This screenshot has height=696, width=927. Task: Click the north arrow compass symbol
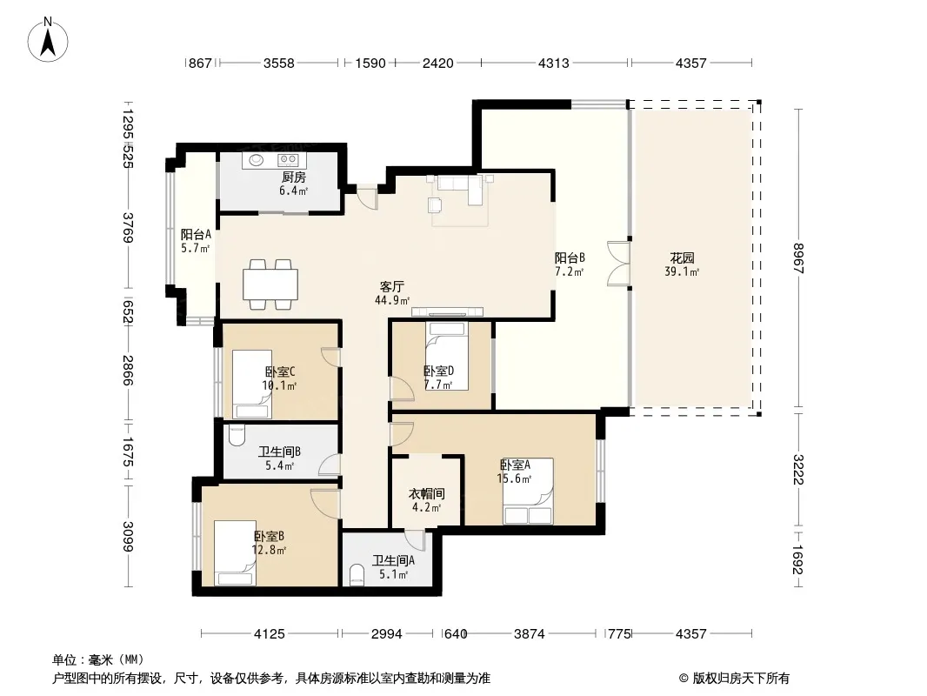click(48, 40)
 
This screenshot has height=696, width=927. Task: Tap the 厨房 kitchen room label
click(294, 177)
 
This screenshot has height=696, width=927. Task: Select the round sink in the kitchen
click(257, 160)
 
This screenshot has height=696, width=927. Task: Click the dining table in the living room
click(270, 284)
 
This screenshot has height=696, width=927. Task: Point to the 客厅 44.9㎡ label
click(392, 293)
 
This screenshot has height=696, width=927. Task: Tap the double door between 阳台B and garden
click(619, 263)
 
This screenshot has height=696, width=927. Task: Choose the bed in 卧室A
click(529, 492)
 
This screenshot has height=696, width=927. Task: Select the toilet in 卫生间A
click(357, 575)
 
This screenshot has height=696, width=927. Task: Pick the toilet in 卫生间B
click(237, 436)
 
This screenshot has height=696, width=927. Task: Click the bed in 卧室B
click(236, 553)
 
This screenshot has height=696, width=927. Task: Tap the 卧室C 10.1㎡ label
click(280, 378)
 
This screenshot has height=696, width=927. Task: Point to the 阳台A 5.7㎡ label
click(196, 241)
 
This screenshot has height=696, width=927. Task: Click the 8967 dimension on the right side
click(798, 258)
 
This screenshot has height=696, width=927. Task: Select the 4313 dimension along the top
click(554, 63)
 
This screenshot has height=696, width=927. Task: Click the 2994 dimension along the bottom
click(387, 634)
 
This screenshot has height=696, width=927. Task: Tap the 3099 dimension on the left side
click(128, 536)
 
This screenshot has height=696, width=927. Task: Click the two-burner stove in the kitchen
click(288, 160)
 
